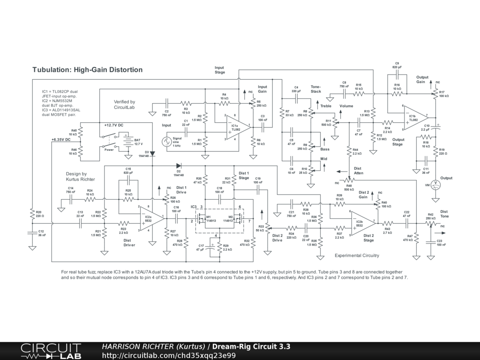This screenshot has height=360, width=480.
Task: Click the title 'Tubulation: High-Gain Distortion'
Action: click(87, 70)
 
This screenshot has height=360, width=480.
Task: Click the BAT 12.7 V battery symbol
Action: click(126, 140)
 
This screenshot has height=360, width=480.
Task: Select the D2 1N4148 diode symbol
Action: click(179, 165)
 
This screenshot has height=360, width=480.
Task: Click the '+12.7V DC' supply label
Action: click(114, 126)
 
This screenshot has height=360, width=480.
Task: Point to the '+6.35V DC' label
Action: click(61, 140)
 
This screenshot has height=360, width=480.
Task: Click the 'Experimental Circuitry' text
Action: click(357, 255)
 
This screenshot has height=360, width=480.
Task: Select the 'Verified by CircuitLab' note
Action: click(124, 104)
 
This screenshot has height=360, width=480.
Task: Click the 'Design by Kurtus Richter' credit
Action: click(80, 176)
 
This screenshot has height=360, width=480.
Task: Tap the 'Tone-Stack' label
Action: click(315, 89)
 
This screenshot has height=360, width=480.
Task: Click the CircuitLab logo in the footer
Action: click(51, 351)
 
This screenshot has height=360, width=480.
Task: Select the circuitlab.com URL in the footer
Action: click(169, 355)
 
